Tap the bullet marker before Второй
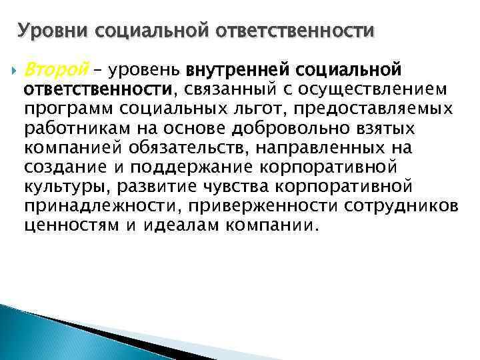(14, 69)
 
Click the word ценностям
(65, 225)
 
